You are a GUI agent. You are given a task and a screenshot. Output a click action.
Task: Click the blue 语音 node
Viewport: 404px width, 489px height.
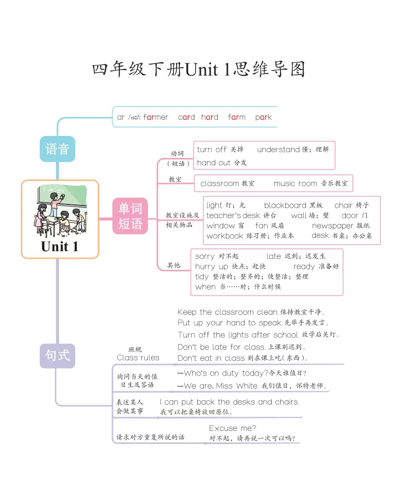coord(57,149)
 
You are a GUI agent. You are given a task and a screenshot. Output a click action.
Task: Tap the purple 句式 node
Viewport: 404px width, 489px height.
coord(57,356)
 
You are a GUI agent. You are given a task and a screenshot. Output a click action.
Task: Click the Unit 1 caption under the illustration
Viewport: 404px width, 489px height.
coord(60,246)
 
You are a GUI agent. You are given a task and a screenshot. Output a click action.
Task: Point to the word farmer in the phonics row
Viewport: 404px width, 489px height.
coord(156,117)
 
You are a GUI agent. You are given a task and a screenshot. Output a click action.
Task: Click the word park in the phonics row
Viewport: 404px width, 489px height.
coord(263,117)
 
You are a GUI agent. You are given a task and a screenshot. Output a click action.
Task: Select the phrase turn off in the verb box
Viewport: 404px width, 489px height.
coord(212,150)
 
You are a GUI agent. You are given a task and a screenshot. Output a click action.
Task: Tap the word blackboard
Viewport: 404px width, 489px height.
coord(285,206)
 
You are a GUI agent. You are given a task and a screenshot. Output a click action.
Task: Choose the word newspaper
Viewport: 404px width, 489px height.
coord(332,226)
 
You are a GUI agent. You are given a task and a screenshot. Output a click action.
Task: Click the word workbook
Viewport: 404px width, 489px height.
coord(225,236)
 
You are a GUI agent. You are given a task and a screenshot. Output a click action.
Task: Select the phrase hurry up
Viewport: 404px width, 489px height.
coord(212,266)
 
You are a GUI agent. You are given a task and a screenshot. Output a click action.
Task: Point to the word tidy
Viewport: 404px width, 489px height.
coord(202,276)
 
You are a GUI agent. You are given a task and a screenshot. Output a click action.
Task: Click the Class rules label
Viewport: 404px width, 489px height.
coord(138,358)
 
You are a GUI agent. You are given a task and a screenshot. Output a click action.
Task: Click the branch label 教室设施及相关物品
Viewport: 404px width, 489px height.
coord(182,220)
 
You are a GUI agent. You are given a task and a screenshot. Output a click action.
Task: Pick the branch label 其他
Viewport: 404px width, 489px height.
coord(174,265)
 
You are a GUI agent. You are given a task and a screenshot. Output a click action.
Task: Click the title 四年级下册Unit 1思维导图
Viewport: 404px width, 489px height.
coord(199,69)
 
